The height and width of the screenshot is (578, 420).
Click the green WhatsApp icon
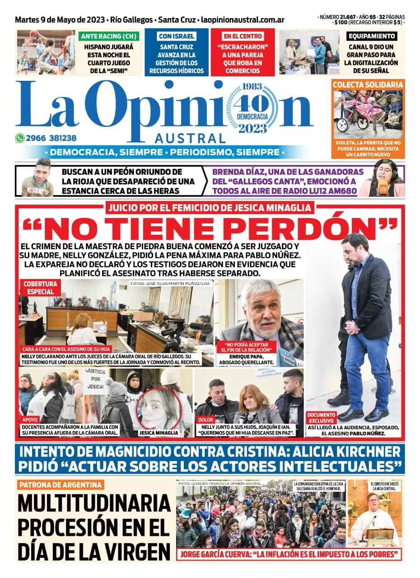[20, 139]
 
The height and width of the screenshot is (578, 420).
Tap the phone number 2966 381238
[51, 139]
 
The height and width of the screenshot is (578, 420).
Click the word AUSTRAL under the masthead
[190, 138]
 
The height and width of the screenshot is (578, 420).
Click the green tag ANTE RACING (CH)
[109, 36]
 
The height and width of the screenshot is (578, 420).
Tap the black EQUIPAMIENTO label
[372, 36]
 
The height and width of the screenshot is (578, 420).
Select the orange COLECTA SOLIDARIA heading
[368, 84]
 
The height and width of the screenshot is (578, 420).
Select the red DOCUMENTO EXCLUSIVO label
[322, 418]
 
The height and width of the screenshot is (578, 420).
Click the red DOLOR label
[205, 420]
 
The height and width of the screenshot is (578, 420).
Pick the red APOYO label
[30, 420]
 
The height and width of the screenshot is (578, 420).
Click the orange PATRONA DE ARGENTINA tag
[61, 485]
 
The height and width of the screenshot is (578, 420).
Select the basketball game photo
[46, 52]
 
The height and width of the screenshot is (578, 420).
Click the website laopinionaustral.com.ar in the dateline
[243, 20]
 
